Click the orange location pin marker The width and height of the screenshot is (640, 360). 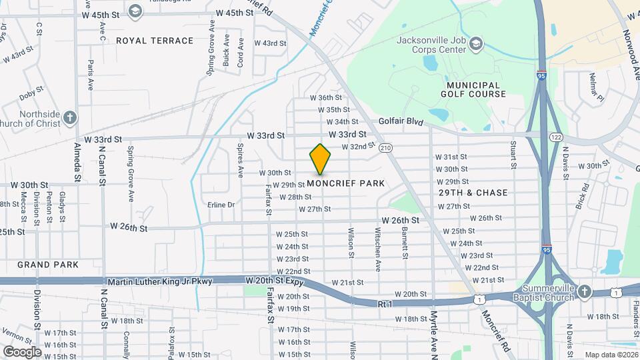pyautogui.click(x=320, y=159)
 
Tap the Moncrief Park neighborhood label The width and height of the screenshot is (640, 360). pyautogui.click(x=345, y=183)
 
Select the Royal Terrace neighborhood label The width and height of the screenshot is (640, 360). pyautogui.click(x=155, y=41)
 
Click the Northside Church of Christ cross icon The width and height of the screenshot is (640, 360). pyautogui.click(x=70, y=119)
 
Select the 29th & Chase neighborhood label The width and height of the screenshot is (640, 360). pyautogui.click(x=473, y=193)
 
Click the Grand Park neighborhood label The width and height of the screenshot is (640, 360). pyautogui.click(x=48, y=265)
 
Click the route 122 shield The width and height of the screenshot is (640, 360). pyautogui.click(x=555, y=137)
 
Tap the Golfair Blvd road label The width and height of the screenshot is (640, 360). pyautogui.click(x=401, y=121)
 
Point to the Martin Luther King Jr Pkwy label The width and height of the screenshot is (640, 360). pyautogui.click(x=160, y=281)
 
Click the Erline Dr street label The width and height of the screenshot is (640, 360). pyautogui.click(x=221, y=205)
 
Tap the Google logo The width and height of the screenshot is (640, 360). pyautogui.click(x=21, y=351)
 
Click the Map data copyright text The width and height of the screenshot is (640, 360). pyautogui.click(x=610, y=354)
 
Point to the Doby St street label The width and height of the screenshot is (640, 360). pyautogui.click(x=31, y=93)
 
